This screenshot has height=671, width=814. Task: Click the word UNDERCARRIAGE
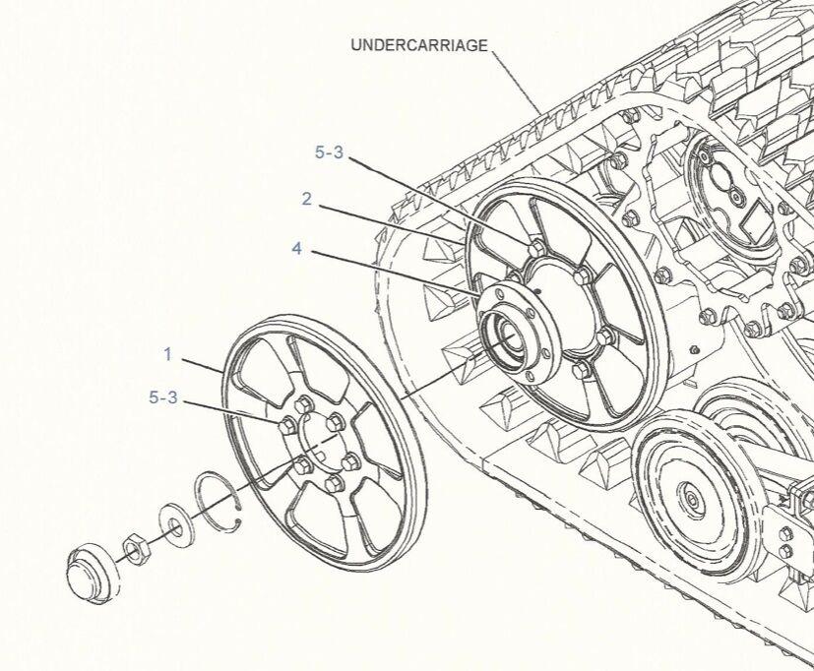pos(418,45)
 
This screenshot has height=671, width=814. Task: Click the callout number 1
pos(168,352)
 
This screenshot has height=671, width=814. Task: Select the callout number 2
pos(306,199)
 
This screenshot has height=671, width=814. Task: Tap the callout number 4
pos(296,249)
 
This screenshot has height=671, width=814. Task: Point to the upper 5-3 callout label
pos(330,152)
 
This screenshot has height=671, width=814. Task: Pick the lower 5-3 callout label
pos(163,397)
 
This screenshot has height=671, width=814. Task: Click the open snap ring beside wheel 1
pos(222,503)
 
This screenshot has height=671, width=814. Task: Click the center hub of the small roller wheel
pos(693,502)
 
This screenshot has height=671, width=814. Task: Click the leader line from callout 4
pos(394,272)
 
